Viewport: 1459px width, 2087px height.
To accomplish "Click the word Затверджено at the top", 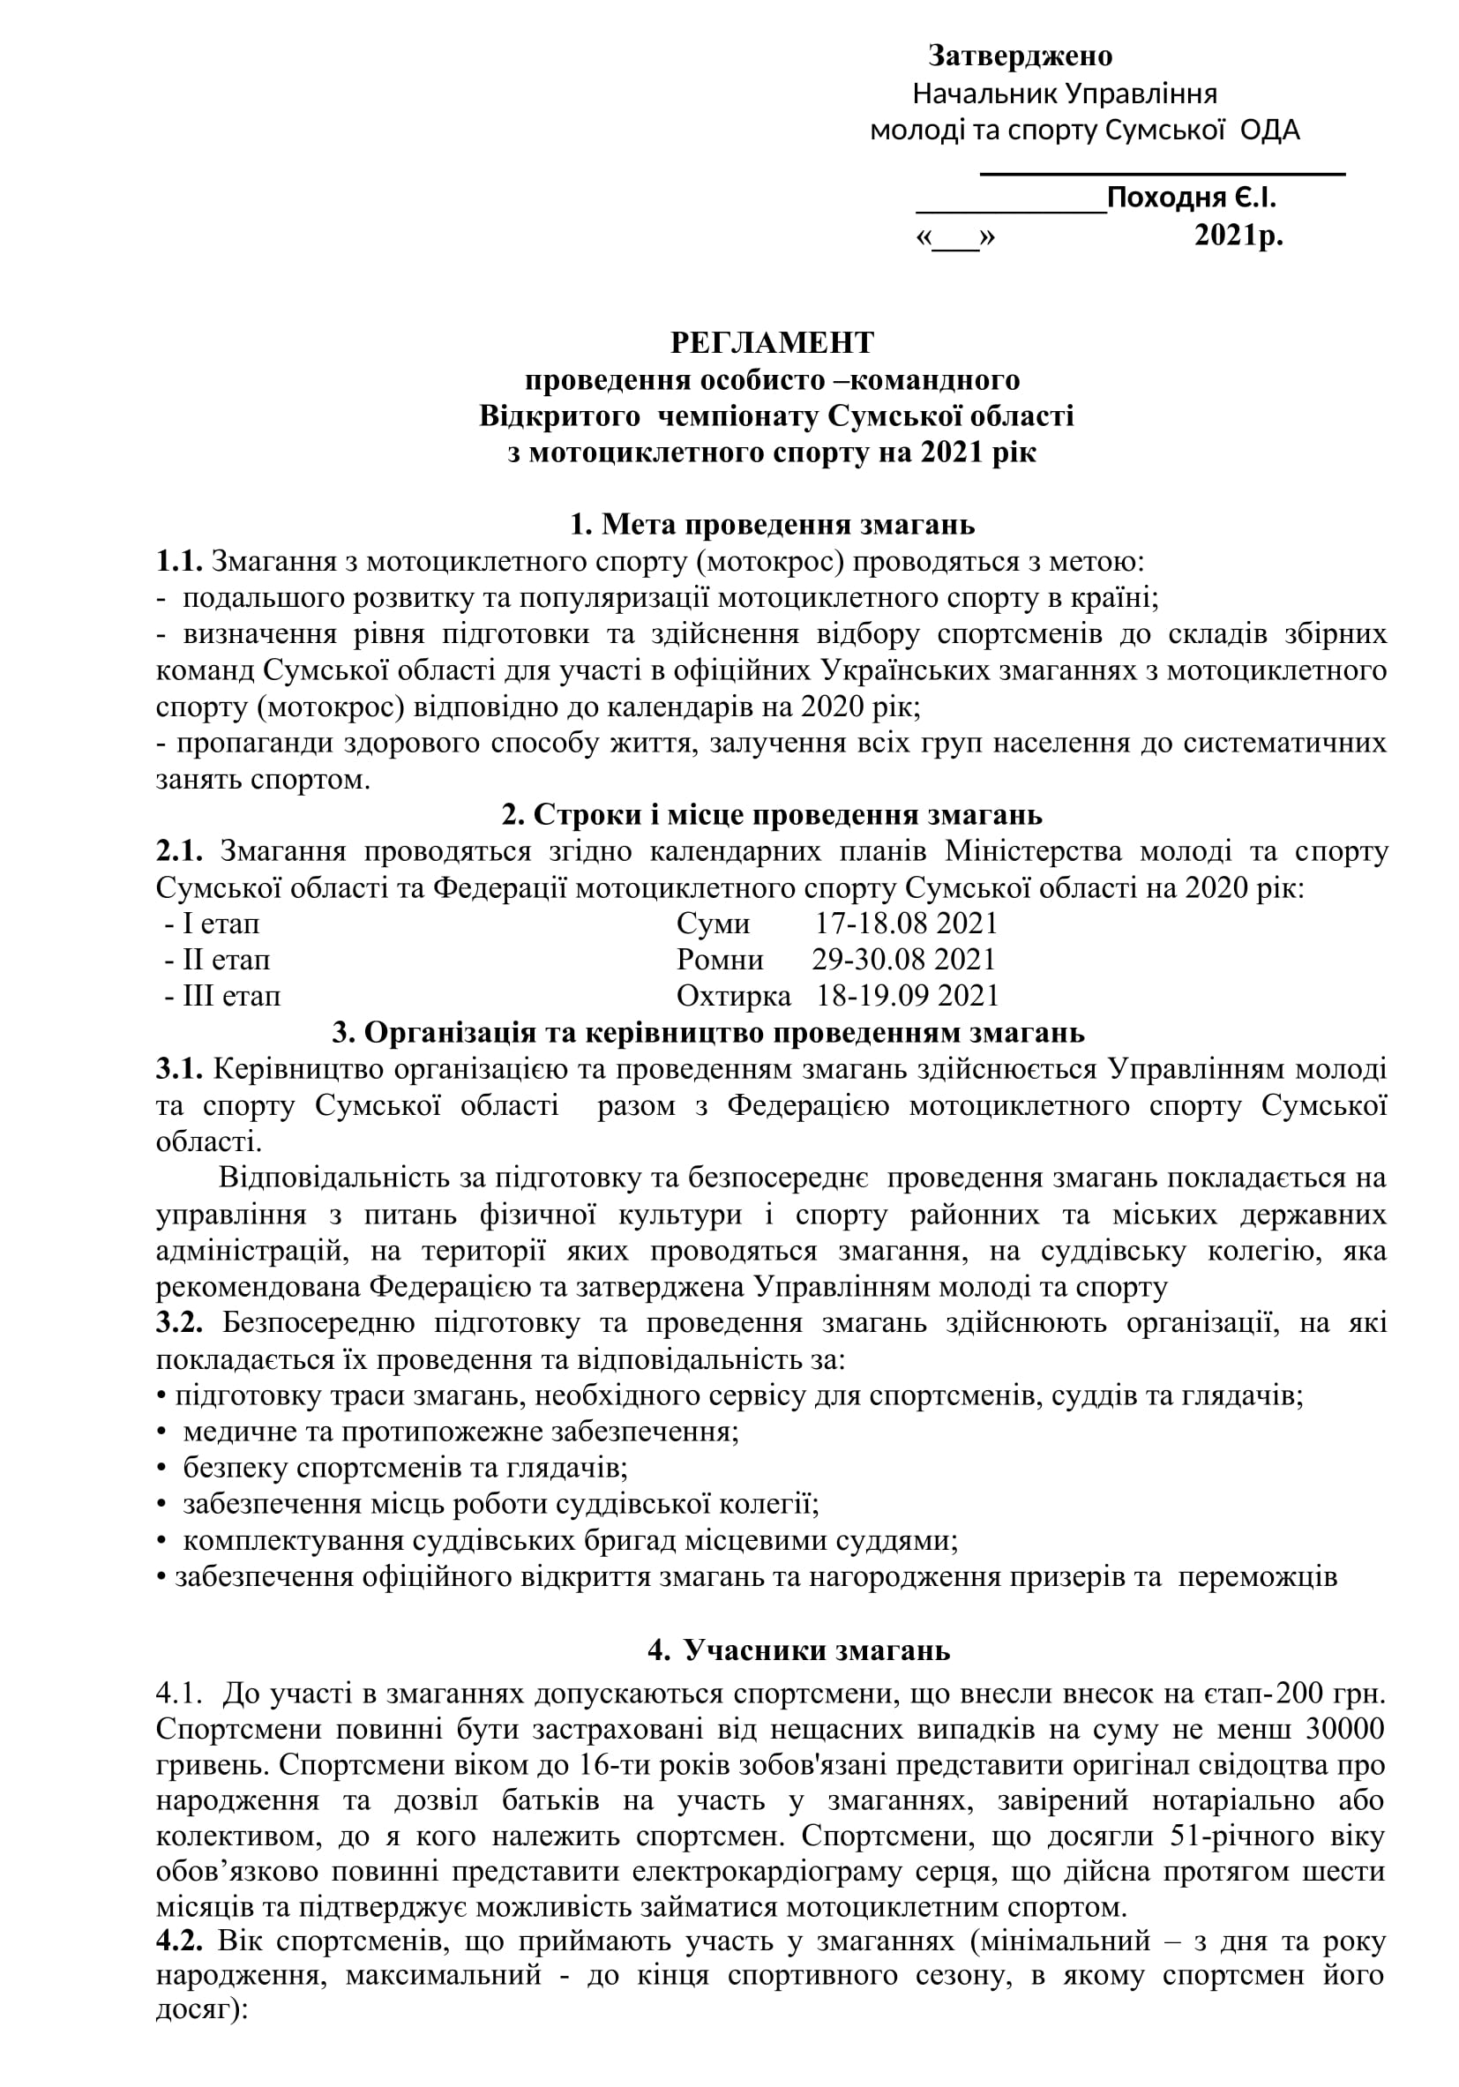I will tap(1020, 56).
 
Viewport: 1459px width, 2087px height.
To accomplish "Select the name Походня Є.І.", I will tap(1191, 198).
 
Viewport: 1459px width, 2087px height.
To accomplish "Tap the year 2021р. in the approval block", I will tap(1238, 236).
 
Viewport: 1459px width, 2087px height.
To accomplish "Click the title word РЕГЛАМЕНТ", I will tap(772, 342).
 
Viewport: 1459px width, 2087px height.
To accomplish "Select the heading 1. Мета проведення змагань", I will tap(772, 525).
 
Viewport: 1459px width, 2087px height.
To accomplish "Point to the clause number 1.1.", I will tap(179, 562).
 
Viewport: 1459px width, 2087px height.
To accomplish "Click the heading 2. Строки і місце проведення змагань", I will tap(772, 814).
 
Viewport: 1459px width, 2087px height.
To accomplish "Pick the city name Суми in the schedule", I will tap(713, 924).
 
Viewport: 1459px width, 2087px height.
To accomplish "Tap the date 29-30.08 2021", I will tap(903, 960).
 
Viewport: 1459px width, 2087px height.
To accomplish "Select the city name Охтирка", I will tap(734, 996).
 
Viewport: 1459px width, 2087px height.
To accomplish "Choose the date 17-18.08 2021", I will tap(906, 924).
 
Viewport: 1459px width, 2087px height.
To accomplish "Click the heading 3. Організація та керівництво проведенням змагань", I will tap(708, 1033).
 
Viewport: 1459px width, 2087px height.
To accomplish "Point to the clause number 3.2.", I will tap(179, 1322).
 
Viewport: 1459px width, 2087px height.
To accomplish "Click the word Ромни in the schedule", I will tap(720, 960).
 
